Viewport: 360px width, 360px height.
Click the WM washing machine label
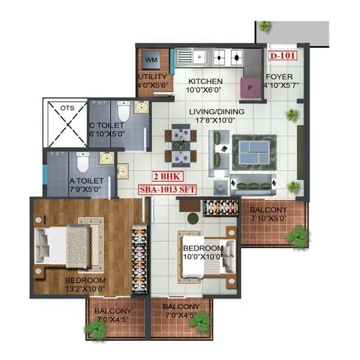point(151,60)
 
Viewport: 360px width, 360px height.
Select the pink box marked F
point(250,86)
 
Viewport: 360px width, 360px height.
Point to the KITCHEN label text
point(206,82)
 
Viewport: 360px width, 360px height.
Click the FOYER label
point(279,77)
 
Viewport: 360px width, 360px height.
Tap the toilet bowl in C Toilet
point(124,112)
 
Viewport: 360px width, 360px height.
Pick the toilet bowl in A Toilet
point(83,162)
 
